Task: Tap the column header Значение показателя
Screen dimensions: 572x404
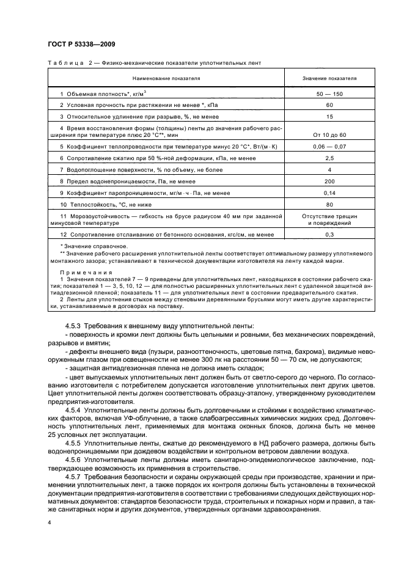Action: (x=329, y=79)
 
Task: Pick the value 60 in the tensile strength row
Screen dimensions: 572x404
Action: (x=329, y=106)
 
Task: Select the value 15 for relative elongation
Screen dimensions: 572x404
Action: (x=329, y=116)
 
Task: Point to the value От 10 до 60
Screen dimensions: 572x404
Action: (x=329, y=134)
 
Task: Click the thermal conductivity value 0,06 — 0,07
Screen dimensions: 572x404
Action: (x=329, y=147)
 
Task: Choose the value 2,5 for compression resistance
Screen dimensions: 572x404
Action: (x=329, y=158)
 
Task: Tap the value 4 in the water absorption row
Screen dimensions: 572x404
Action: (x=329, y=169)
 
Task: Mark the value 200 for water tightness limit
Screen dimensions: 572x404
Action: (x=329, y=182)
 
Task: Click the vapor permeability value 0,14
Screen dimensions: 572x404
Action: (x=329, y=193)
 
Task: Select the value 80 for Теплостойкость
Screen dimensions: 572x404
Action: (x=329, y=205)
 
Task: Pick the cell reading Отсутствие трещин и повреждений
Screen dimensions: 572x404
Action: (x=329, y=220)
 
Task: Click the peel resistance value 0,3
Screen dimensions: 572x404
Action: (x=329, y=235)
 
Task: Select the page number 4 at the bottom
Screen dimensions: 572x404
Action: (x=49, y=523)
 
